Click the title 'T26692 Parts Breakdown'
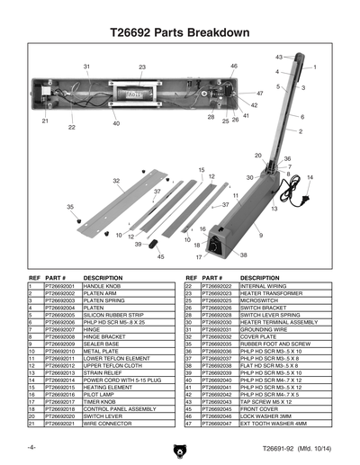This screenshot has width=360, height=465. coord(179,32)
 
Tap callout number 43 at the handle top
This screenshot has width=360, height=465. coord(278,57)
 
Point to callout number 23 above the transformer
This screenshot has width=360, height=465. coord(142,67)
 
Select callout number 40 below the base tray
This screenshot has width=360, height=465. coord(116,123)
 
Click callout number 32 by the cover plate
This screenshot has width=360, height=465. coord(116,181)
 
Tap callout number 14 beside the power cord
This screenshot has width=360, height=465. coord(310,177)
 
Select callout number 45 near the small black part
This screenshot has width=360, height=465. coord(161,256)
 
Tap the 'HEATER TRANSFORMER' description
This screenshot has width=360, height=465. coord(270,292)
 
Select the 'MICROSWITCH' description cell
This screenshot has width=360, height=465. coord(262,300)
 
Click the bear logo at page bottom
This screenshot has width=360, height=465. coord(180,450)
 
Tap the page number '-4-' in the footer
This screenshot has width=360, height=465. coord(32,447)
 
